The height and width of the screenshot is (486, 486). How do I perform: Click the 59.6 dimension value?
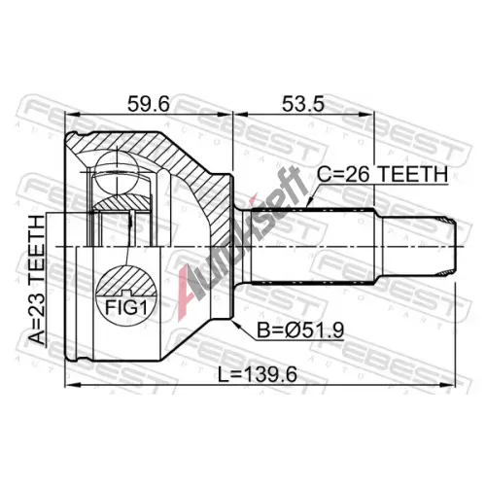click(148, 104)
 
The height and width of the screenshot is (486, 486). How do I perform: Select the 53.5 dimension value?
click(302, 104)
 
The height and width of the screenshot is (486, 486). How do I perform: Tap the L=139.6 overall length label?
click(258, 375)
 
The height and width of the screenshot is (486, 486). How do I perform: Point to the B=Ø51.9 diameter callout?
click(300, 330)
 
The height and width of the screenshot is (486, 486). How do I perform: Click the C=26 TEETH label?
click(382, 175)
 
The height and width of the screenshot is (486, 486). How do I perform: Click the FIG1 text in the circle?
click(126, 308)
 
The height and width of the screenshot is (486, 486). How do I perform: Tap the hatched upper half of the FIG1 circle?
click(126, 281)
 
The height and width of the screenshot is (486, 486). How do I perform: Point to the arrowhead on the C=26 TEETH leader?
click(310, 202)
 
